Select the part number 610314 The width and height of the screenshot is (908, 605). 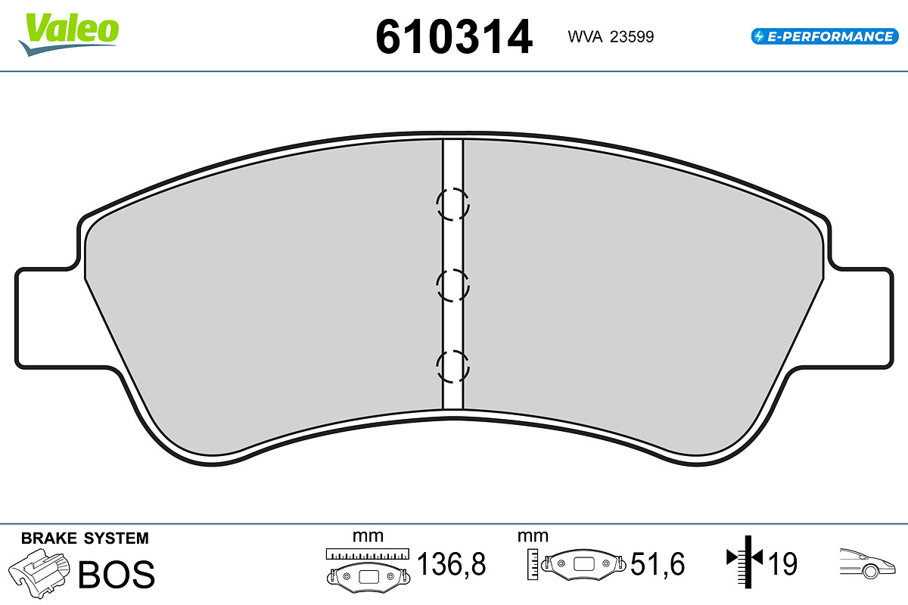coord(454,37)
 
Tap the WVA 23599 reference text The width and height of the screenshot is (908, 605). coord(610,37)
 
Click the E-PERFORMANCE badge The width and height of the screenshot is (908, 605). coord(822,36)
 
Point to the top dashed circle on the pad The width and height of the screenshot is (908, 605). coord(452,204)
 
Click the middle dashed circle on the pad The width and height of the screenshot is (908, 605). coord(452,286)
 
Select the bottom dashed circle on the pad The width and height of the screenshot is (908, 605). coord(452,368)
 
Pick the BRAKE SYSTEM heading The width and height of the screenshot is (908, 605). coord(85,538)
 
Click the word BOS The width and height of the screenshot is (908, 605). coord(117,574)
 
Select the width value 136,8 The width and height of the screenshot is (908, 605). coord(452,564)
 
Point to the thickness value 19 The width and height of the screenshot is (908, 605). coord(782,564)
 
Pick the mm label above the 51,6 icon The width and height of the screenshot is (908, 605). coord(532,536)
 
